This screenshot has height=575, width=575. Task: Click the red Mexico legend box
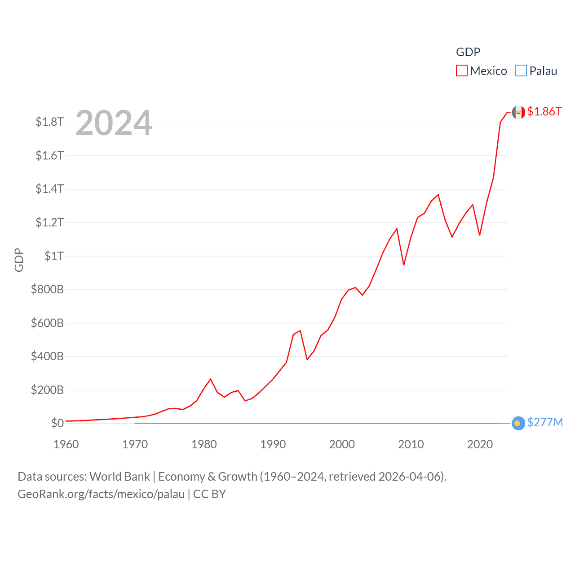462,71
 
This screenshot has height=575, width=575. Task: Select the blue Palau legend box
521,71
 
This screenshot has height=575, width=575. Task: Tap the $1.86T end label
544,111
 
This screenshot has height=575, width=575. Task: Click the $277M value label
545,423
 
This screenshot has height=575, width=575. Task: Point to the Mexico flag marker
518,112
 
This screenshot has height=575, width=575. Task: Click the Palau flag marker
518,423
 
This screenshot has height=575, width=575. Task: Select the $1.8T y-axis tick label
49,122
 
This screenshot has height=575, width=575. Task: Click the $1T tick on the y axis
54,256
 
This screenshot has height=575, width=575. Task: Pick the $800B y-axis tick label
47,289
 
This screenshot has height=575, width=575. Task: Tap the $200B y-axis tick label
47,390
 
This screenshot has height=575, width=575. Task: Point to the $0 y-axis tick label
57,423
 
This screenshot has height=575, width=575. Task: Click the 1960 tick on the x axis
66,444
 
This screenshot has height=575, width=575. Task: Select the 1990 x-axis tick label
273,444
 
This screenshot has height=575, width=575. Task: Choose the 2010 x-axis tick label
411,444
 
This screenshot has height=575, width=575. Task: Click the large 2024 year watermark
114,123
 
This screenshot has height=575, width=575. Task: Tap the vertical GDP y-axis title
19,260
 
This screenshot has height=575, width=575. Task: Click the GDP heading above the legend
468,52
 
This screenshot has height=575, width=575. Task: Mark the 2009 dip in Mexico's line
404,265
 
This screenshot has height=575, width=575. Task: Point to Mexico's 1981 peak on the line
211,379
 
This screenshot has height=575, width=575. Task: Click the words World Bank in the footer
119,477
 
